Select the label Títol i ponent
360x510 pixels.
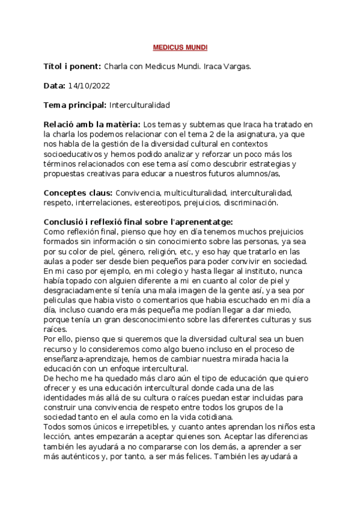pyautogui.click(x=73, y=66)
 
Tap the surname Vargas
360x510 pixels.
pyautogui.click(x=236, y=66)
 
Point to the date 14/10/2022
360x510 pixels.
pyautogui.click(x=89, y=86)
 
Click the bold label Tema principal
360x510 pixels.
pyautogui.click(x=75, y=105)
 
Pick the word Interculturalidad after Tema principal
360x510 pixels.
pyautogui.click(x=139, y=105)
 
